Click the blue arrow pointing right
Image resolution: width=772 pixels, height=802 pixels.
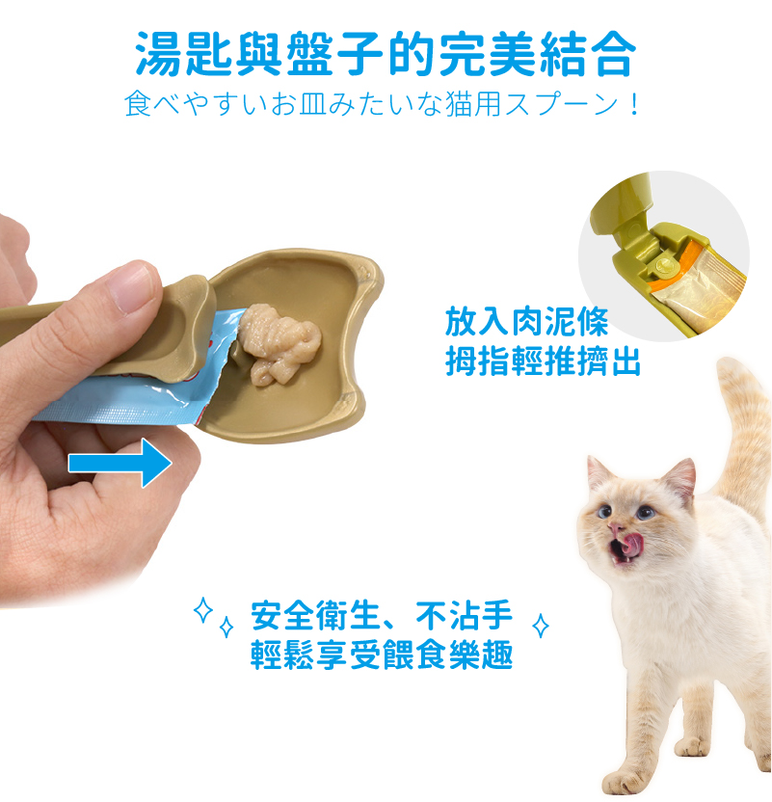[120, 463]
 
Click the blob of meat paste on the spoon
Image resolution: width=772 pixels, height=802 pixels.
[279, 343]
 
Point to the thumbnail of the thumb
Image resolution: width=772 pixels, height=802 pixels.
[134, 286]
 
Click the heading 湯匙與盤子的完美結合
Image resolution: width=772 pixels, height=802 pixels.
[386, 54]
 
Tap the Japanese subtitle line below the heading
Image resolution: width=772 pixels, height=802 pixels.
[382, 104]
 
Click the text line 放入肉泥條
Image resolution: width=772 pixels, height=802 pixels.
[526, 322]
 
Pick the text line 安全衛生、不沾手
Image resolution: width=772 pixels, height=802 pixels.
[382, 615]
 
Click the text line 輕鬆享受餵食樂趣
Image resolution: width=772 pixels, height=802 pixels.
[382, 655]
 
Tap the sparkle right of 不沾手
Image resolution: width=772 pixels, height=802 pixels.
[541, 626]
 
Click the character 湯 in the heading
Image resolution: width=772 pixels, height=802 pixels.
[158, 54]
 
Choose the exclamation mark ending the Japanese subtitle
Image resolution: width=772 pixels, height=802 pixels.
[634, 104]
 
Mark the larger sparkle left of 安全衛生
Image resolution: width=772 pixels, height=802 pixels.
[203, 609]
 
